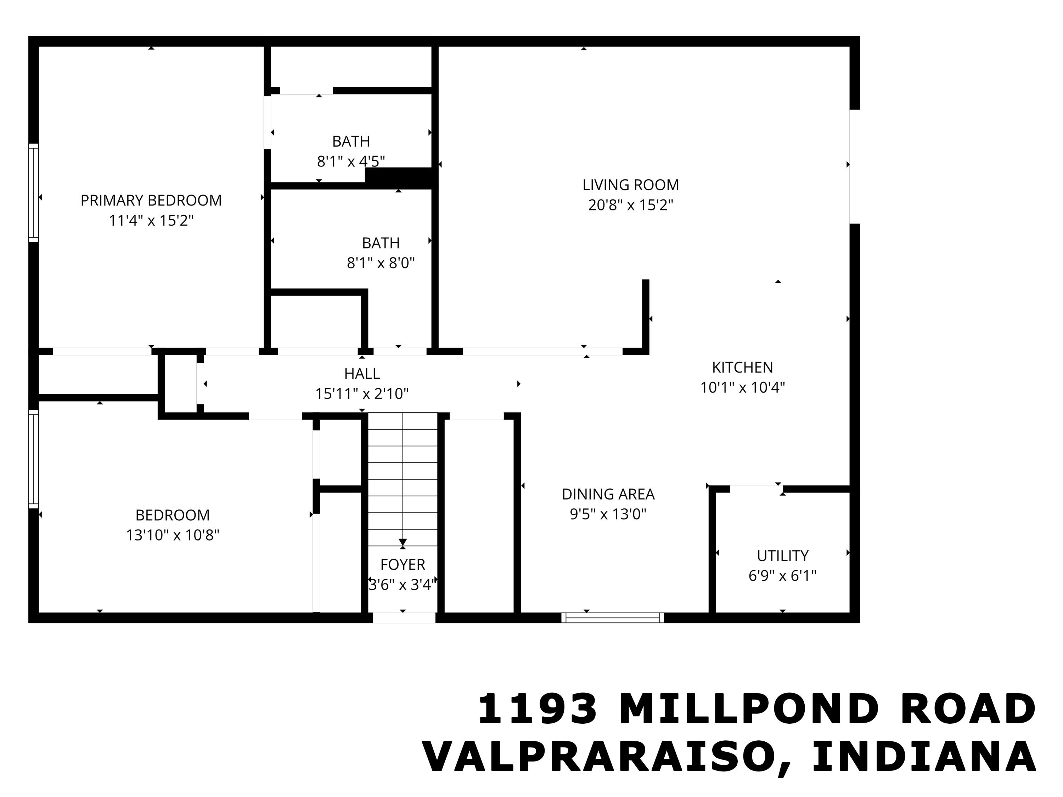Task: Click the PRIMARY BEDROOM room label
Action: tap(151, 200)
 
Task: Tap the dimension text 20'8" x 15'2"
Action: tap(630, 205)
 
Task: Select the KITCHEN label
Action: tap(742, 368)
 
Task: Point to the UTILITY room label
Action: tap(782, 555)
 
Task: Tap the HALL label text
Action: tap(362, 373)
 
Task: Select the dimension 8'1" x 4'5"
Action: tap(351, 162)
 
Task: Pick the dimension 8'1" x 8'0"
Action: tap(381, 263)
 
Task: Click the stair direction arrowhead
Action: tap(403, 542)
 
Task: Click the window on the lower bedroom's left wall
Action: tap(33, 459)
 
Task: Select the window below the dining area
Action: tap(612, 618)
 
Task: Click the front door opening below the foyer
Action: tap(404, 618)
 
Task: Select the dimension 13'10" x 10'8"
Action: tap(173, 535)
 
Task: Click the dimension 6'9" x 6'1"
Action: tap(782, 576)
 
